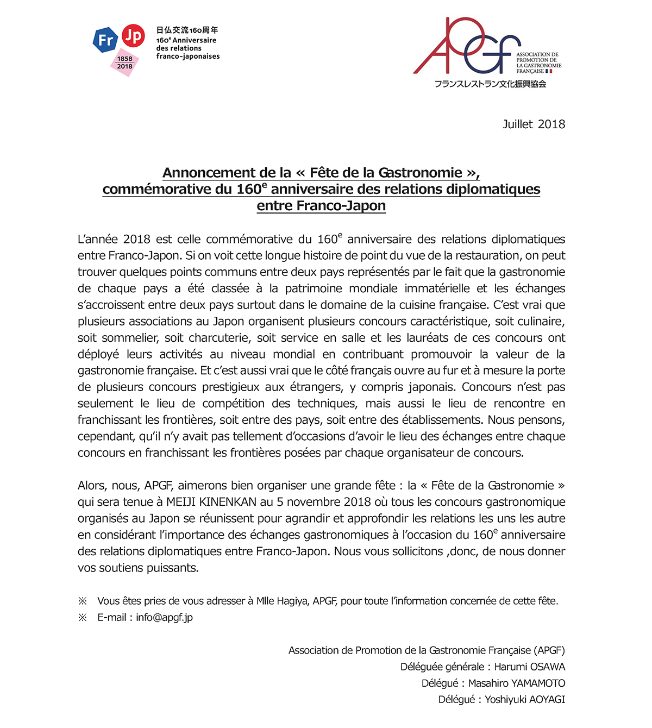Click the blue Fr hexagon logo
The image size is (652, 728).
click(105, 40)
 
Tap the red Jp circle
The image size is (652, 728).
click(133, 36)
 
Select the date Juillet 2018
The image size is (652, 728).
click(534, 124)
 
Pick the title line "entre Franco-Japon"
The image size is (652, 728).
click(321, 206)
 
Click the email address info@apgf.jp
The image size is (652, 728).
click(164, 618)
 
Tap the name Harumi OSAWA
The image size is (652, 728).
click(529, 667)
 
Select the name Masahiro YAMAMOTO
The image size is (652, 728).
click(516, 683)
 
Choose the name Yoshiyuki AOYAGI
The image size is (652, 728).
click(525, 700)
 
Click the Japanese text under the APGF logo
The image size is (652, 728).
click(490, 84)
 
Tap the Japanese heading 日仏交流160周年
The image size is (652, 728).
click(187, 30)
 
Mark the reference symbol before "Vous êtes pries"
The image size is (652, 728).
click(83, 601)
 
